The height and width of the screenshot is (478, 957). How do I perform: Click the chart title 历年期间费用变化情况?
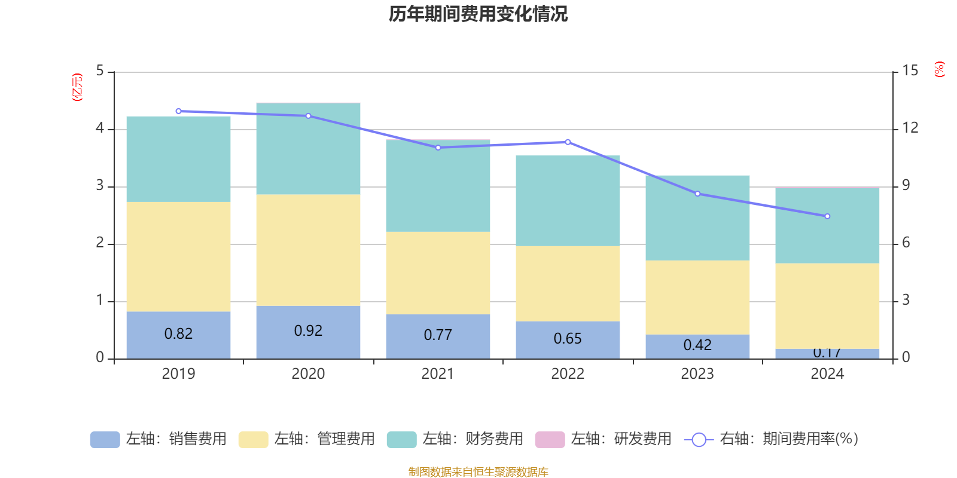(x=478, y=14)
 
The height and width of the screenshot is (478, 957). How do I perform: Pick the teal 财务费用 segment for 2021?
(x=438, y=185)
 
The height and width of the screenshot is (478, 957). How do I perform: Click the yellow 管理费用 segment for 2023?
(x=697, y=297)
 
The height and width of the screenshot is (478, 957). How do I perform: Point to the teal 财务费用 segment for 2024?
(x=827, y=226)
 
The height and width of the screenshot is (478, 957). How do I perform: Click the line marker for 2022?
(x=568, y=142)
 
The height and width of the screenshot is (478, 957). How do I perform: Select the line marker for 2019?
(x=178, y=111)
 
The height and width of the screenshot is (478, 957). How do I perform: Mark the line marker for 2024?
(x=827, y=216)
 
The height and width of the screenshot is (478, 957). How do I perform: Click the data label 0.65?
(x=568, y=339)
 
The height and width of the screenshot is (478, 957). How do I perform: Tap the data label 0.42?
(x=697, y=345)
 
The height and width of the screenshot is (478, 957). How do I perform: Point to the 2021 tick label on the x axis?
(x=438, y=374)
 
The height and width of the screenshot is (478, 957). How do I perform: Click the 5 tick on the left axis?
(x=100, y=71)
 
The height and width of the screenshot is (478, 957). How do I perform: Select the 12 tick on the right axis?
(x=910, y=128)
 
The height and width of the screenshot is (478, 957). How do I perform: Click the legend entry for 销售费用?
(x=159, y=439)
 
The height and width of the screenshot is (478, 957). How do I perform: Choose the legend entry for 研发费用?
(x=604, y=439)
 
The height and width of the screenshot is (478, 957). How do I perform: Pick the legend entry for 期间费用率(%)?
(x=772, y=439)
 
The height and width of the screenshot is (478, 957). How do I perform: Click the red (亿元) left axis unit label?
(x=77, y=87)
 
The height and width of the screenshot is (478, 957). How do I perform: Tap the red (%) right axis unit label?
(x=940, y=69)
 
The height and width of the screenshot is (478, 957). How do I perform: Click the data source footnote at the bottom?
(x=478, y=472)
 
